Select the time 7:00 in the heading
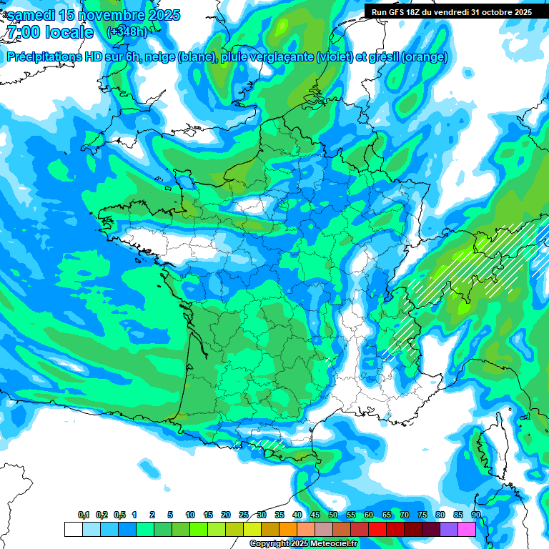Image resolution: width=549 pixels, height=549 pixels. [x=25, y=33]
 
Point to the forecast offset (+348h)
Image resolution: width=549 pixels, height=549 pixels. [x=127, y=32]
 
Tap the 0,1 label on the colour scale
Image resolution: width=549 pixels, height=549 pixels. [x=84, y=515]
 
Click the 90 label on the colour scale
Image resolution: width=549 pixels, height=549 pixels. [x=475, y=515]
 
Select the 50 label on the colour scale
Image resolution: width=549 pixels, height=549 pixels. [x=333, y=515]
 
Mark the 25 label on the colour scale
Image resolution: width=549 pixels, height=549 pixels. [x=244, y=515]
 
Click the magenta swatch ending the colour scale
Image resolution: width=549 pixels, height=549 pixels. [x=467, y=529]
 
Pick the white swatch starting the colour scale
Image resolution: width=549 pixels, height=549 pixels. [x=73, y=529]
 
